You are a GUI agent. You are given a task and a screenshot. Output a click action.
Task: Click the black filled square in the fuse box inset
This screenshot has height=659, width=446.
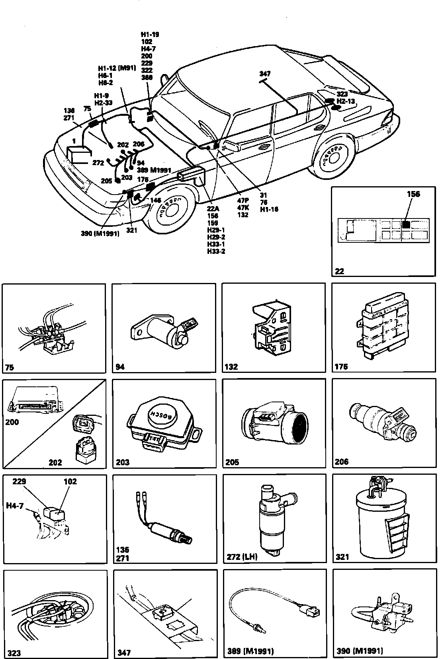tap(406, 224)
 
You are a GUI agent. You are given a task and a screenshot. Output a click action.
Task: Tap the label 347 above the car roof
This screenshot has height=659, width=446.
tap(264, 74)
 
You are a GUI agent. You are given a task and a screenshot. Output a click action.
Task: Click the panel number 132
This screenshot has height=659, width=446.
tap(231, 367)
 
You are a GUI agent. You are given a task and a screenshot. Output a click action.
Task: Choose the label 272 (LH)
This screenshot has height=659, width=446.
tap(242, 557)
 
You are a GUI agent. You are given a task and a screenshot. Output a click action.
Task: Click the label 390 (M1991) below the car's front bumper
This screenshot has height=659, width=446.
tap(100, 234)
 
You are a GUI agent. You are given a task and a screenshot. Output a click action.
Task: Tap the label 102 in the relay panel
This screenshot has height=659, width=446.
tap(70, 482)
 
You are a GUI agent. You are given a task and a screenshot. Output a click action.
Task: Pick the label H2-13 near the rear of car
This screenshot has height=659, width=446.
tap(346, 101)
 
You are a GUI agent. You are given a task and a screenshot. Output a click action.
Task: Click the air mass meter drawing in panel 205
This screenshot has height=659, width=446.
tap(275, 423)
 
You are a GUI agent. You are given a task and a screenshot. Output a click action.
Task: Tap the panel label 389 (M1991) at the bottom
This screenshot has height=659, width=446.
tap(250, 651)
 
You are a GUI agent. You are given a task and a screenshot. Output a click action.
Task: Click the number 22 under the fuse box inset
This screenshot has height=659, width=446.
tap(340, 271)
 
